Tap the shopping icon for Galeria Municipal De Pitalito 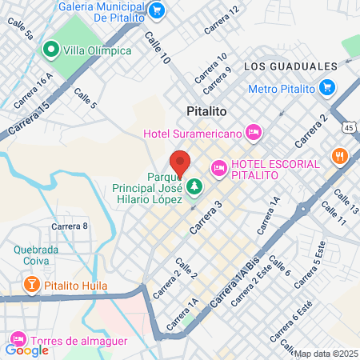pyautogui.click(x=157, y=10)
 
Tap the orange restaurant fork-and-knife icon pyautogui.click(x=340, y=154)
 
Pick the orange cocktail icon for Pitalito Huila pyautogui.click(x=30, y=285)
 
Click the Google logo pyautogui.click(x=26, y=350)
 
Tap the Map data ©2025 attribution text pyautogui.click(x=326, y=353)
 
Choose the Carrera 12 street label pyautogui.click(x=221, y=21)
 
